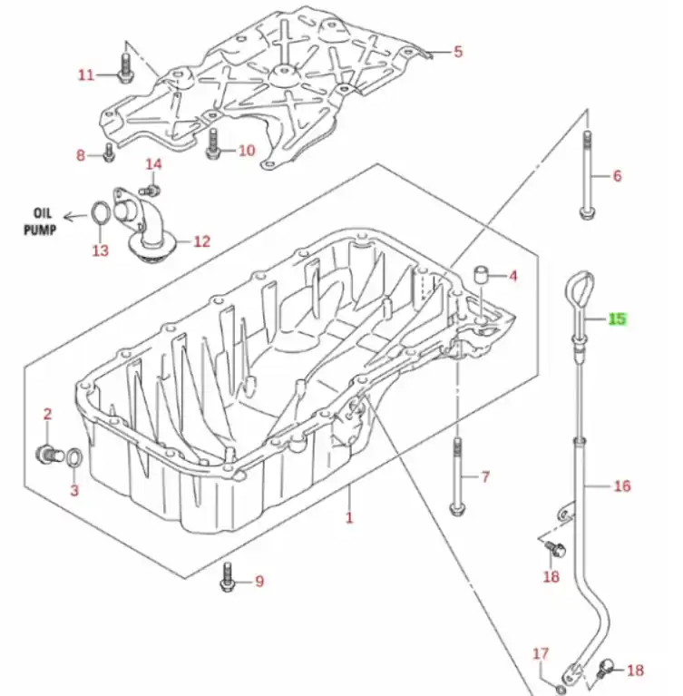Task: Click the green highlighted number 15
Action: [618, 319]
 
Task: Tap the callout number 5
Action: [458, 52]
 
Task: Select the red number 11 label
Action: [86, 74]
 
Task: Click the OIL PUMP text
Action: [41, 221]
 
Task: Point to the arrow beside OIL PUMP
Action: [75, 217]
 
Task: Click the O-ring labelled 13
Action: [100, 212]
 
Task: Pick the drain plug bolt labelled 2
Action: [46, 454]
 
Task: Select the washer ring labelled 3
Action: [74, 458]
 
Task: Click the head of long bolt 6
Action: [587, 212]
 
